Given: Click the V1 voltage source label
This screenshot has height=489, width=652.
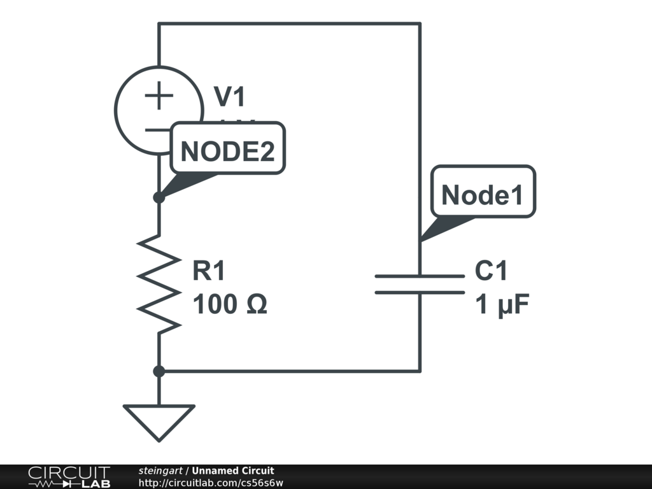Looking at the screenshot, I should (x=229, y=97).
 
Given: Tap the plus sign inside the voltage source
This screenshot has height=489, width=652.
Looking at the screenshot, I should (x=159, y=97).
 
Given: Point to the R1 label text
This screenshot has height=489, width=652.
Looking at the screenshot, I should (x=209, y=272).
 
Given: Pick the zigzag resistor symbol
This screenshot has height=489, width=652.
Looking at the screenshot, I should (x=159, y=283).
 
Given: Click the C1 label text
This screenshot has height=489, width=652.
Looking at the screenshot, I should (x=492, y=272).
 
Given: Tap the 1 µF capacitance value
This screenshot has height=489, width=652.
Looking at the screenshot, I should (x=502, y=306).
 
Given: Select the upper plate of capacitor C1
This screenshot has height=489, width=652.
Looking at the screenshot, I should (x=420, y=276).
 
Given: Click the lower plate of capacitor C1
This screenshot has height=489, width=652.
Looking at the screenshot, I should (x=420, y=292).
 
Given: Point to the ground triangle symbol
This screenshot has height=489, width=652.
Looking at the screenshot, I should (x=159, y=421).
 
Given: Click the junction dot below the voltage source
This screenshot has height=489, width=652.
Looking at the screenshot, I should (x=159, y=197).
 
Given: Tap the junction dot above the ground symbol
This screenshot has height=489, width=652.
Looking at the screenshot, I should (x=159, y=371).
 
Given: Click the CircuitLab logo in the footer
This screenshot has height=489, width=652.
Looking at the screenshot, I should (x=69, y=477).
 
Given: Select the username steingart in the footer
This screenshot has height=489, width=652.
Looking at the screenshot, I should (x=160, y=471).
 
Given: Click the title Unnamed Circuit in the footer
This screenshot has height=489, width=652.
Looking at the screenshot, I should (x=233, y=471).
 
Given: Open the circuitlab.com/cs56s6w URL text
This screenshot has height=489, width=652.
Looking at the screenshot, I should (x=211, y=483).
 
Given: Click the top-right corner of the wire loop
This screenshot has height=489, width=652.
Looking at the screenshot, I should (x=420, y=24).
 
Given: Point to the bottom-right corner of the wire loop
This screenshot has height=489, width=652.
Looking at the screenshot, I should (x=420, y=371).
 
